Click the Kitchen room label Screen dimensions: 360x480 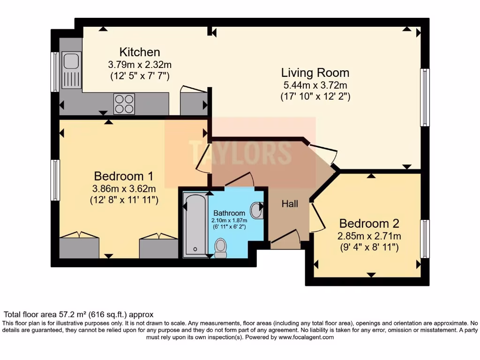140,52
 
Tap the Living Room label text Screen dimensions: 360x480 315,73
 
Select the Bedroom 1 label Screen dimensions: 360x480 124,176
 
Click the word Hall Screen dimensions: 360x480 290,204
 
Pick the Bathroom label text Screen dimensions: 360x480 229,213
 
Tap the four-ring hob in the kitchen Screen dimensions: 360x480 124,104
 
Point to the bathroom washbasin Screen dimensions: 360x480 257,210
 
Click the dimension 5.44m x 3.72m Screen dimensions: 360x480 315,85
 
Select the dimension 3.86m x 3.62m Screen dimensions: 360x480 124,189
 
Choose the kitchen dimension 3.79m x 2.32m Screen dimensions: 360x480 140,64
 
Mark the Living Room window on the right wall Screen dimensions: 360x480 424,97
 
